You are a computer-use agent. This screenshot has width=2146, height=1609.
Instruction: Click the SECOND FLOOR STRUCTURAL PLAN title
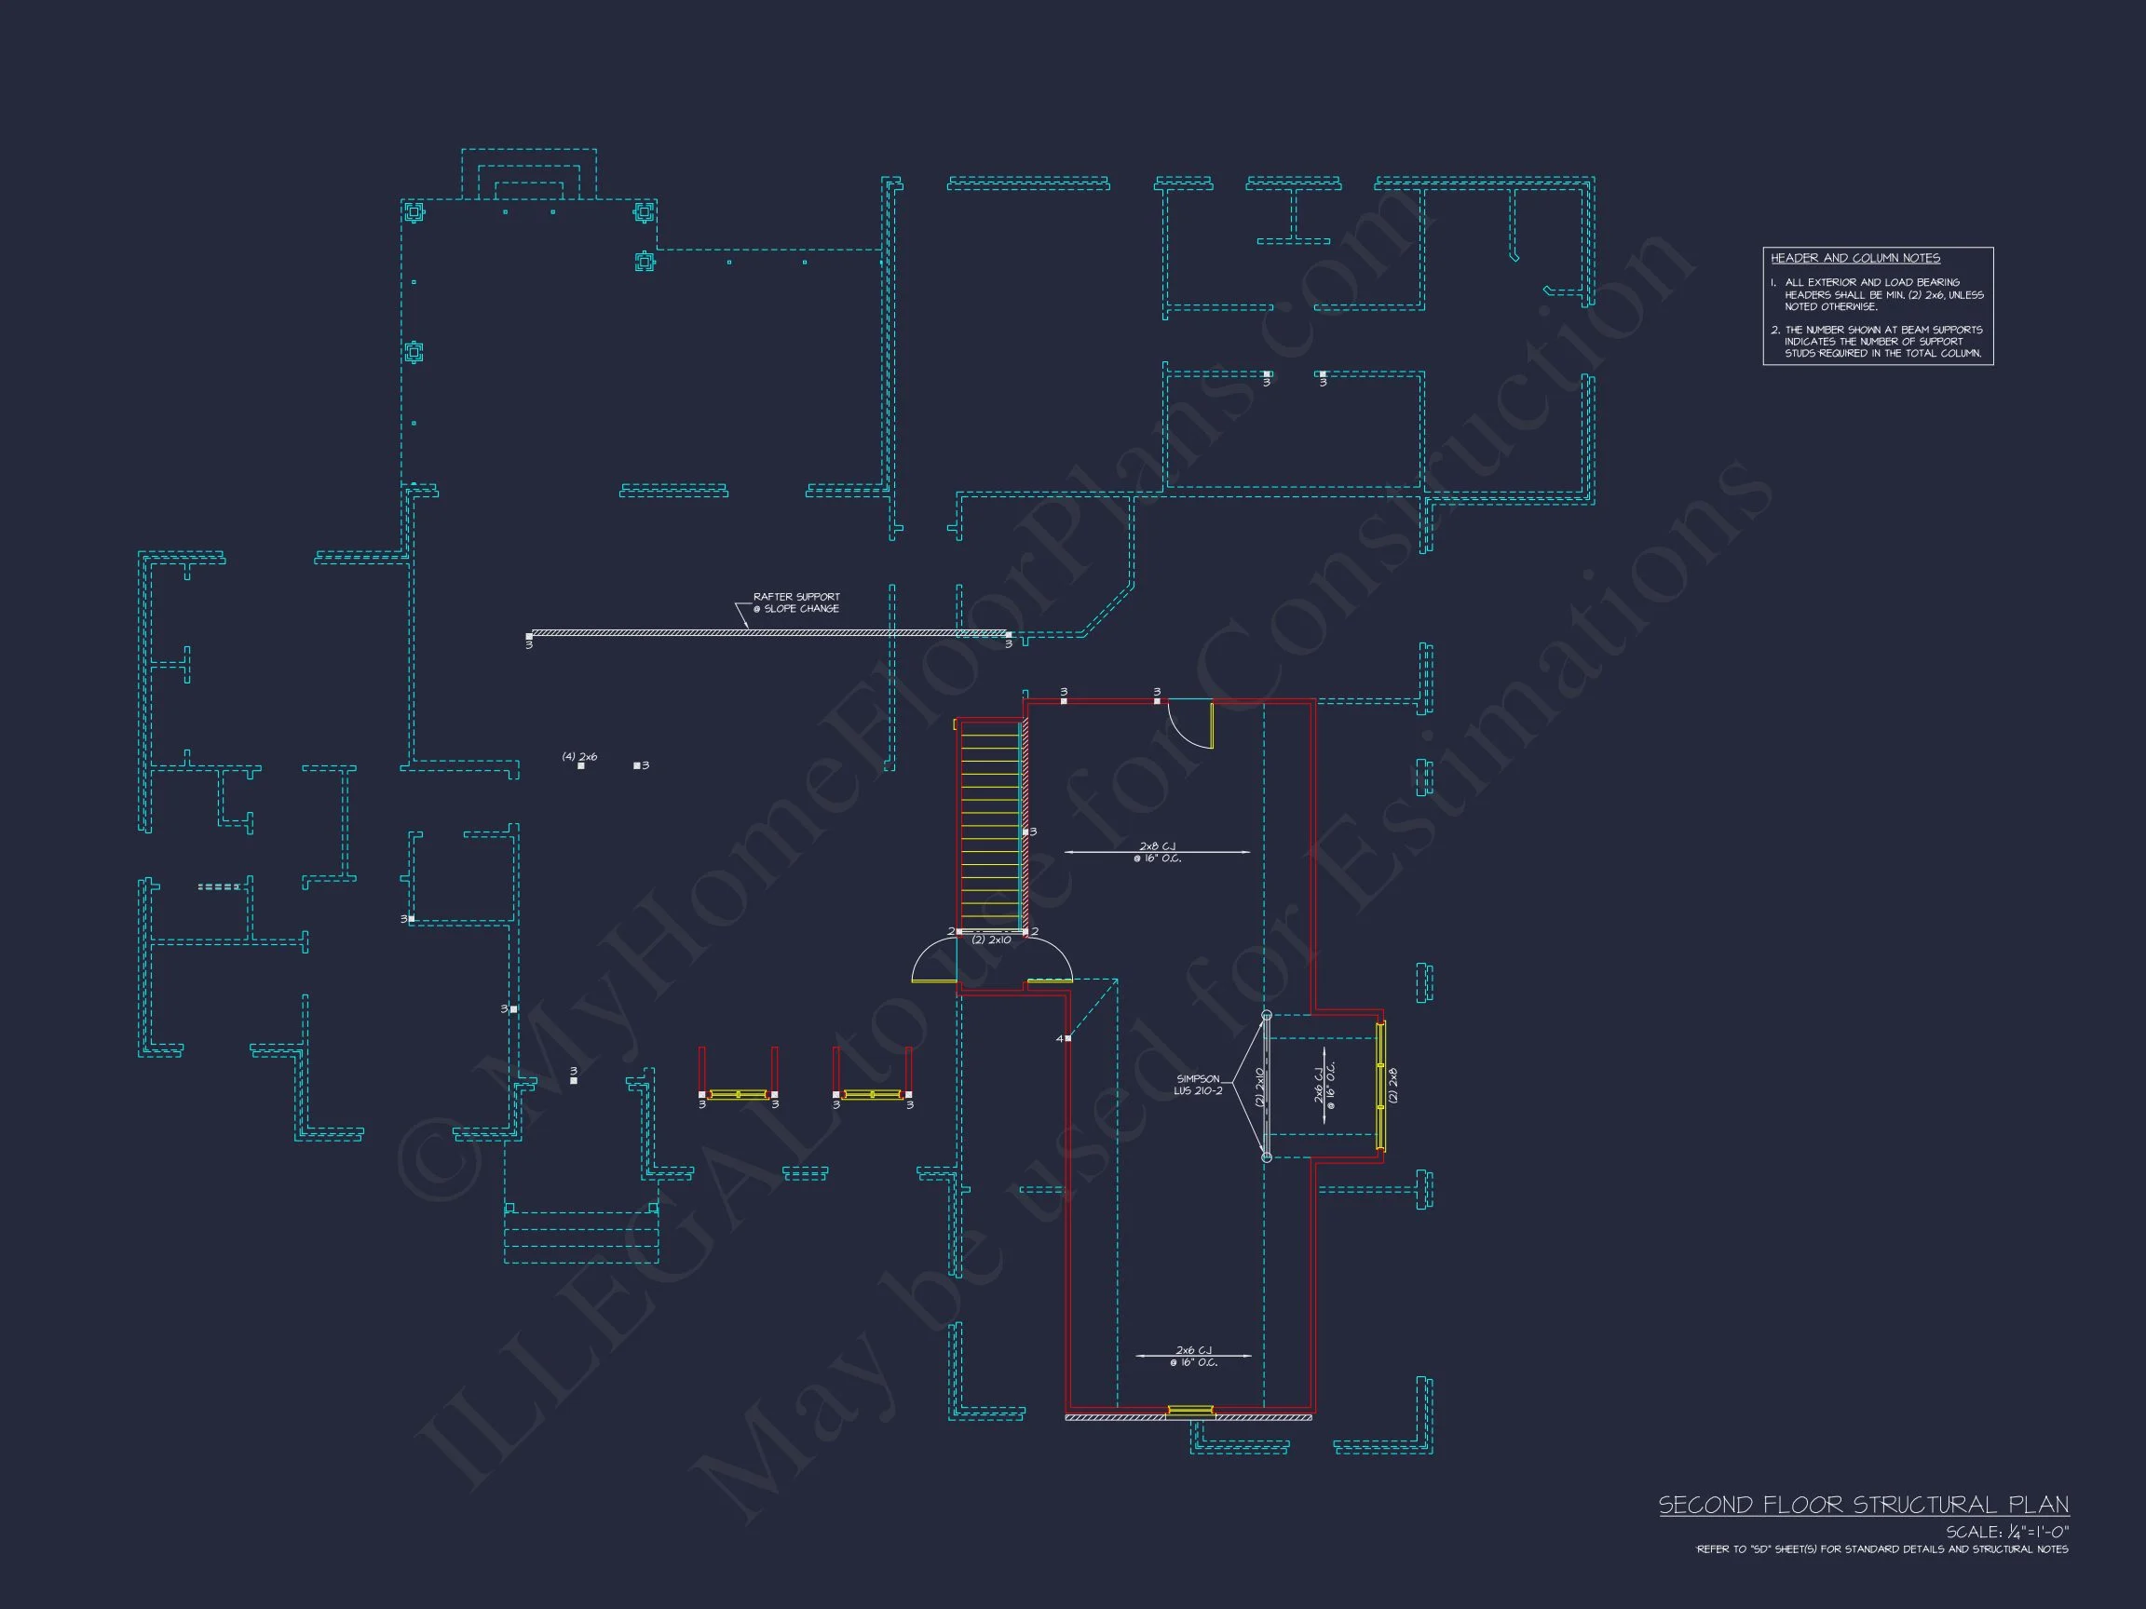(x=1863, y=1506)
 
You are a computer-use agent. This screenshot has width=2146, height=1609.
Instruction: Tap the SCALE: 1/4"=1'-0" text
(x=2006, y=1533)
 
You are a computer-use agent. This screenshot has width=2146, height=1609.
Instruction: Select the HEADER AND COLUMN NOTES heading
(x=1855, y=258)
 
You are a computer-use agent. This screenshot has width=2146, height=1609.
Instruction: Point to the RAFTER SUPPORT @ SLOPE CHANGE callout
(x=795, y=602)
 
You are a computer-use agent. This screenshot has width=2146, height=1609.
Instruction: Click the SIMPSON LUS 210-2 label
(x=1198, y=1084)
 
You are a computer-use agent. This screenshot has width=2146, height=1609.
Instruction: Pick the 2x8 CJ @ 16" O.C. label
(x=1158, y=853)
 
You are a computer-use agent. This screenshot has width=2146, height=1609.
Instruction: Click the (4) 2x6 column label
(x=579, y=756)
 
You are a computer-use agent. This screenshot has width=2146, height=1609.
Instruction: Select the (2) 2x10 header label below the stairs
(x=992, y=940)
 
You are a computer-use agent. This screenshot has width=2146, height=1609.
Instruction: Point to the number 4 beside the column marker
(x=1059, y=1039)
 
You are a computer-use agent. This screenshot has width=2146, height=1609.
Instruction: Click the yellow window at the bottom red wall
(x=1189, y=1410)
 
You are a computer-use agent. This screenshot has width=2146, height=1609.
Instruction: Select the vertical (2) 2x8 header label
(x=1394, y=1084)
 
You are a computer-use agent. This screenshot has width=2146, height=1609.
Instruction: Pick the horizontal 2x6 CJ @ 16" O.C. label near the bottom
(x=1193, y=1356)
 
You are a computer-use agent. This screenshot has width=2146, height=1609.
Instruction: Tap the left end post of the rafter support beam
(x=529, y=637)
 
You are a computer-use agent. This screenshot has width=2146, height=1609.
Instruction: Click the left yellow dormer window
(x=738, y=1095)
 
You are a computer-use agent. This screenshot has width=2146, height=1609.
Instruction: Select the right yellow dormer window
(x=872, y=1095)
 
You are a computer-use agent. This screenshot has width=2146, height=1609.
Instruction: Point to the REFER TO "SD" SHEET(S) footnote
(x=1882, y=1549)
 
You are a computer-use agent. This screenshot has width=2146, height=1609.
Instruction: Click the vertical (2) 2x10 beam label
(x=1260, y=1087)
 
